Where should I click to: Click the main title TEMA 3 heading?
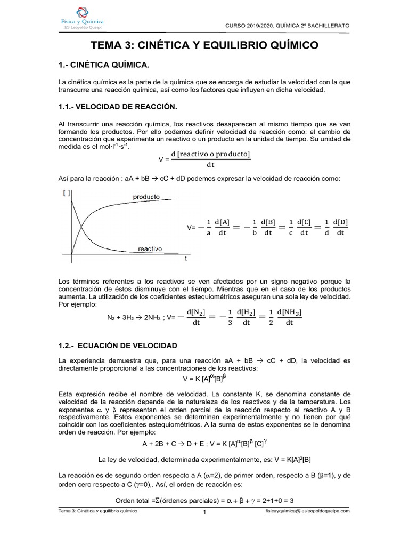(x=204, y=46)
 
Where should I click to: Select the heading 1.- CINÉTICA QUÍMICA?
(x=104, y=65)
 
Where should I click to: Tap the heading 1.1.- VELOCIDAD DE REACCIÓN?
(x=117, y=107)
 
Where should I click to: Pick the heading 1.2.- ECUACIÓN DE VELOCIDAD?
(x=118, y=346)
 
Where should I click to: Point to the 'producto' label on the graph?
(x=146, y=197)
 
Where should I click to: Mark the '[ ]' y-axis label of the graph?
(x=67, y=193)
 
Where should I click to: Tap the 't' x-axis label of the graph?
(x=185, y=259)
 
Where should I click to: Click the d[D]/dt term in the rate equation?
(x=339, y=227)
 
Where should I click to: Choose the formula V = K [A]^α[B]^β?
(x=204, y=379)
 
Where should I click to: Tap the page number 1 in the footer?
(x=204, y=513)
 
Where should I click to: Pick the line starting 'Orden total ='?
(x=204, y=501)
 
